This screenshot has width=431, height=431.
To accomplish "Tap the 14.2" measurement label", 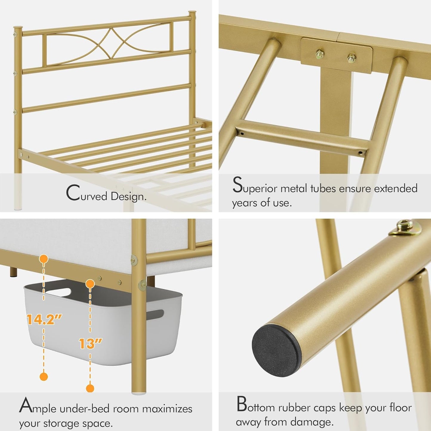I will (x=44, y=319).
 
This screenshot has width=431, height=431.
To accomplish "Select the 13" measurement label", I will (x=90, y=344).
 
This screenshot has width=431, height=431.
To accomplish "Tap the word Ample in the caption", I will (x=38, y=407).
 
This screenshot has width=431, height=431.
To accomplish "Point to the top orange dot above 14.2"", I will (x=44, y=259).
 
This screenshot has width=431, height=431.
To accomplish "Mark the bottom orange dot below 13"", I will (x=90, y=388).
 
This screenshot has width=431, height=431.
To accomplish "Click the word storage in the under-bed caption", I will (x=61, y=423).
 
